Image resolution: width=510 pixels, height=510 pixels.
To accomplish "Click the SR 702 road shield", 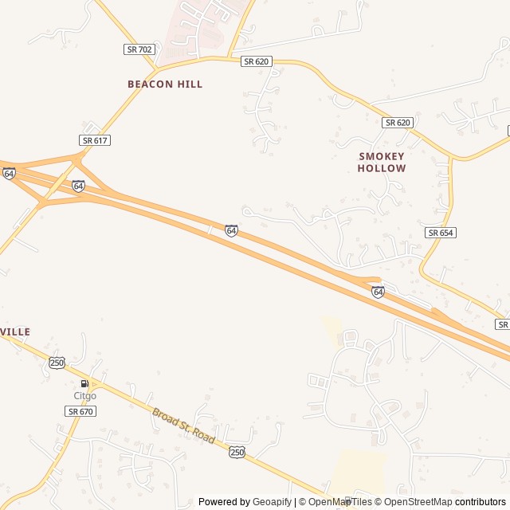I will click(139, 49).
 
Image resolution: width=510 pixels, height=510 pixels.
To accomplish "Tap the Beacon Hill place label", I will click(165, 84).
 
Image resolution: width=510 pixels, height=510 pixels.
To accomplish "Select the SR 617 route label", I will click(95, 140).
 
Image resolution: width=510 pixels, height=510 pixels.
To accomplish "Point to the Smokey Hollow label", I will click(382, 163).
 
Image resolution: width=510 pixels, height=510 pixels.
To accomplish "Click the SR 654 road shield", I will click(440, 233).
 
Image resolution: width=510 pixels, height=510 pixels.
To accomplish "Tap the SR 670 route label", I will click(80, 411).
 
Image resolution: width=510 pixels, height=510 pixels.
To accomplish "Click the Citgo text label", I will click(85, 396).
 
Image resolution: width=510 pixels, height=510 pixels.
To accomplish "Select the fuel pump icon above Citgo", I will click(84, 383).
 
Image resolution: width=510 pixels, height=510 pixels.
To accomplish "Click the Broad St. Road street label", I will click(183, 426).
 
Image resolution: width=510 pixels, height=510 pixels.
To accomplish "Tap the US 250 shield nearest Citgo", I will click(57, 363).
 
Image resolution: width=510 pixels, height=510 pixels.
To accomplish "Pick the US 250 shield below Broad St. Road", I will click(237, 452).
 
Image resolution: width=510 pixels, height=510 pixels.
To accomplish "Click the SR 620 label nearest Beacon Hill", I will click(257, 61).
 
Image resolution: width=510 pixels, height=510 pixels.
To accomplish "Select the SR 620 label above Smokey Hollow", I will click(398, 123).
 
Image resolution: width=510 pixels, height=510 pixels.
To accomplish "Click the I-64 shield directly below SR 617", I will click(78, 186).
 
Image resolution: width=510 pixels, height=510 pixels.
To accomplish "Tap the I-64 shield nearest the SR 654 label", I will click(378, 292).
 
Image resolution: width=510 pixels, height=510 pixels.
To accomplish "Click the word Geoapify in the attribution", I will click(272, 502).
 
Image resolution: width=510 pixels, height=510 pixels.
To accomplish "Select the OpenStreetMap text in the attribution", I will click(413, 502).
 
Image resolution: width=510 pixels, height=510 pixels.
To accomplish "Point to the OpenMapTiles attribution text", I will click(341, 502).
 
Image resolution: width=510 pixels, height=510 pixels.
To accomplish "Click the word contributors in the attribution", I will click(481, 502).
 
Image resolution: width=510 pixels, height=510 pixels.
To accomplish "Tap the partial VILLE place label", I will click(15, 331).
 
